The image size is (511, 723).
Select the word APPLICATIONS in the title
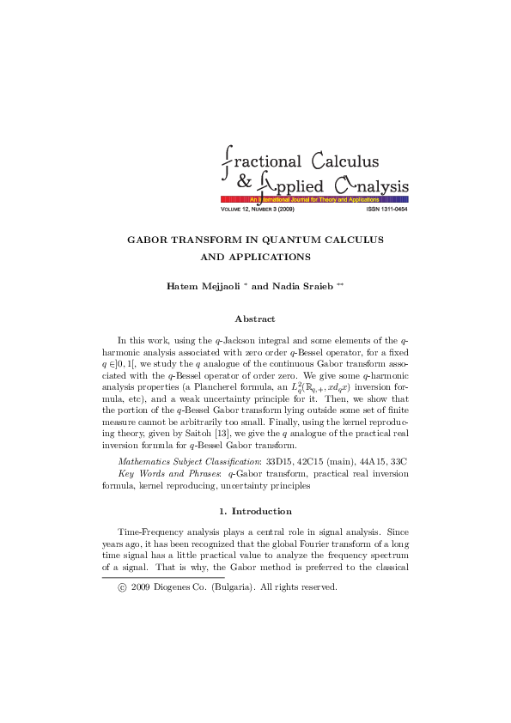pos(277,256)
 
